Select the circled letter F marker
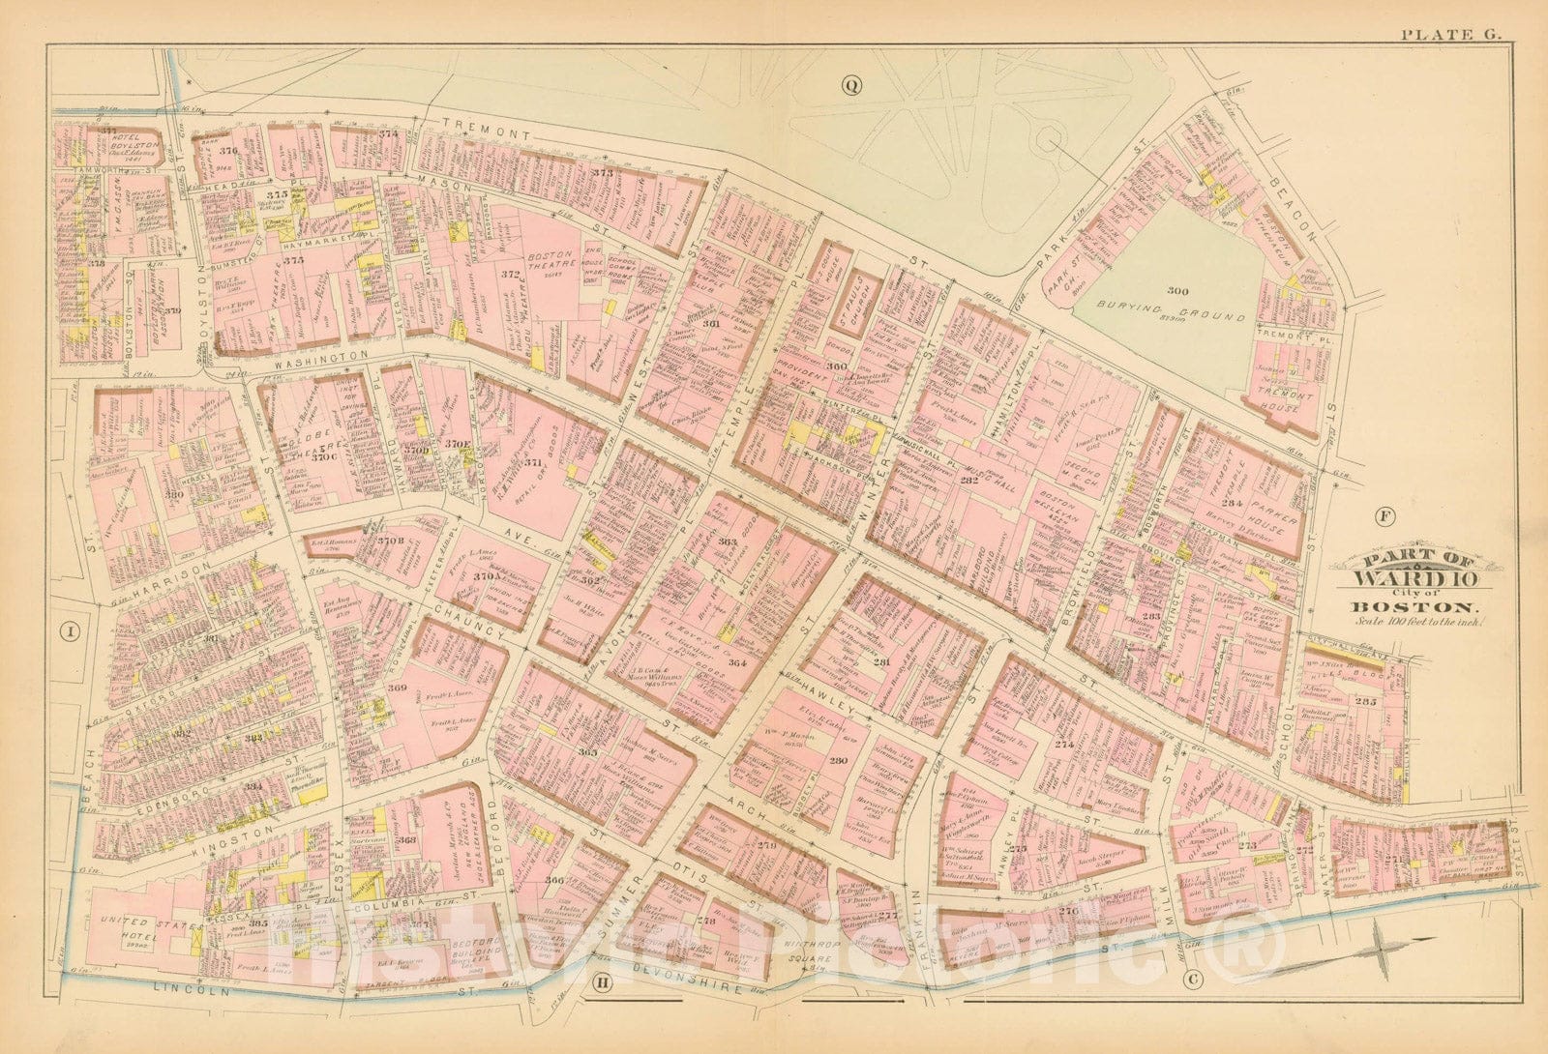(x=1384, y=515)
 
